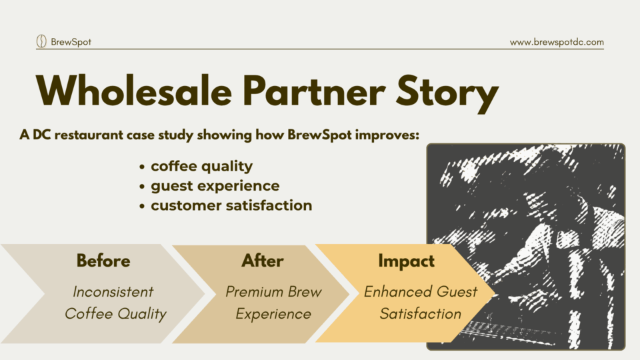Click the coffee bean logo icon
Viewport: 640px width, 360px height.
tap(41, 41)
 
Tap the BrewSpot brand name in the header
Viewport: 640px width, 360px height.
tap(71, 41)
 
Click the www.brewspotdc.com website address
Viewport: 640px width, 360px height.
tap(557, 42)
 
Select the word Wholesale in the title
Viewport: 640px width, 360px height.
tap(134, 91)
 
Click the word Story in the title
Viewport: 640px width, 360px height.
tap(447, 94)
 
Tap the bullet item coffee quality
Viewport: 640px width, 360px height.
tap(201, 167)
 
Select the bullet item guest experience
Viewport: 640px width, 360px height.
tap(215, 186)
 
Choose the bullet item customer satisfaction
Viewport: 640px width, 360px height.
tap(231, 205)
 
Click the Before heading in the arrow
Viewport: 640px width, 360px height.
tap(103, 261)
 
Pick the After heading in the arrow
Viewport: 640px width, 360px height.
tap(263, 261)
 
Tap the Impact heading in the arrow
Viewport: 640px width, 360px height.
tap(406, 261)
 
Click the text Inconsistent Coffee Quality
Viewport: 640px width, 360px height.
tap(115, 303)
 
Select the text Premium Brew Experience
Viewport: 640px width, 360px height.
tap(273, 303)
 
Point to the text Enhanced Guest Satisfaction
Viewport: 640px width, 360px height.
tap(421, 303)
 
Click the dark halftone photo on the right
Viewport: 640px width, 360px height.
tap(526, 247)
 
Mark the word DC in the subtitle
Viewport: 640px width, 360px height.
tap(41, 135)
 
